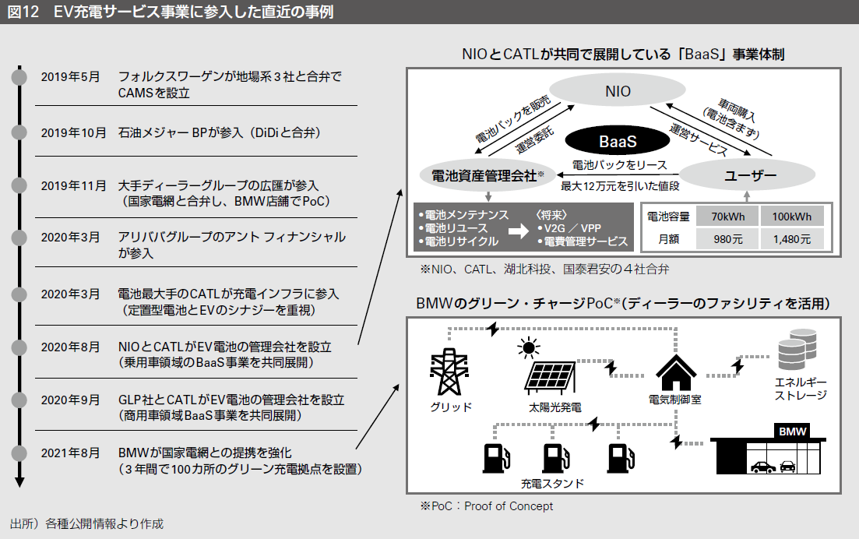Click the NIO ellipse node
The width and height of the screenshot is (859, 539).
pos(618,92)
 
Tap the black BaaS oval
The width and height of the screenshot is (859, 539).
pos(617,141)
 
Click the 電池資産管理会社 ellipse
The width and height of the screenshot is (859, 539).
pos(481,175)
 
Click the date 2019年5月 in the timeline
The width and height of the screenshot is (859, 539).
pos(70,77)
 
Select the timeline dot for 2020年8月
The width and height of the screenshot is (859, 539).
pos(20,347)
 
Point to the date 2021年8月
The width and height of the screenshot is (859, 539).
pos(70,453)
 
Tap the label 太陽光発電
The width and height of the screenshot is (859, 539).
pos(554,407)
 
